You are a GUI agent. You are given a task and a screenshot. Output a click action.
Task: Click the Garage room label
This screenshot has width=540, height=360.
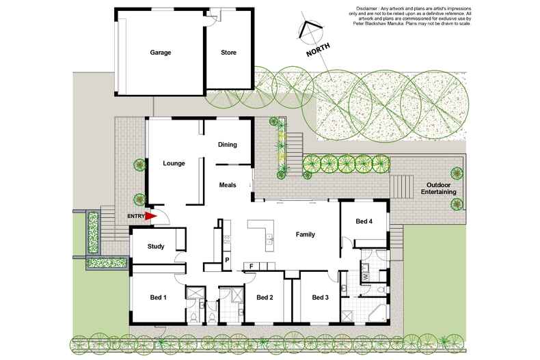coord(161,53)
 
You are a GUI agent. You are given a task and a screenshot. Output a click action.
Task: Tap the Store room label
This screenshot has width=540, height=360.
coord(228,53)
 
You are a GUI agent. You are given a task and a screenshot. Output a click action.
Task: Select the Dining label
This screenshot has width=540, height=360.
coord(227,145)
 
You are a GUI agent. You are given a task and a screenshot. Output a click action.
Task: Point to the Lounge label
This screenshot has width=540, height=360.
coord(174,164)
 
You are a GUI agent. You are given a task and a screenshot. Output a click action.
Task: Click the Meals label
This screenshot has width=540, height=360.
coord(228,185)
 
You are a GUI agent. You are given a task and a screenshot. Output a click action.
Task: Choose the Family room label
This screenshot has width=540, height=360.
coord(305,235)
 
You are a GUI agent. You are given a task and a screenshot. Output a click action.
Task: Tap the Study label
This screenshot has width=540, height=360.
coord(156,247)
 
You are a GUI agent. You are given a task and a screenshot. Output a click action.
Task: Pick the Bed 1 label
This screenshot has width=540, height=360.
coord(159,297)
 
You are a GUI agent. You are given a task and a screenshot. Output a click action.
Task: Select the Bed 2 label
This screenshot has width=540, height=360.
coord(265,297)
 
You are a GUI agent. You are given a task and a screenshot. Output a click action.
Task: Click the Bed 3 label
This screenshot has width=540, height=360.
coord(321,297)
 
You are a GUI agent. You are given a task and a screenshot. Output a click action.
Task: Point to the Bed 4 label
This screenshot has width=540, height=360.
coord(364,221)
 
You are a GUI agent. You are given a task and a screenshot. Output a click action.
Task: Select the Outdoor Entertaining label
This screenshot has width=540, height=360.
coord(441,189)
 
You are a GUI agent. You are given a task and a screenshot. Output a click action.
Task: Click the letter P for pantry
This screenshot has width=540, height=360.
coord(226,260)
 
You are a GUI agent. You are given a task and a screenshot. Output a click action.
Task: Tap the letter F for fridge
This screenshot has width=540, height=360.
coord(252,265)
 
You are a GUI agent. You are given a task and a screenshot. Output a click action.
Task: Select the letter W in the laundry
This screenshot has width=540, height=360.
coord(365,277)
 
